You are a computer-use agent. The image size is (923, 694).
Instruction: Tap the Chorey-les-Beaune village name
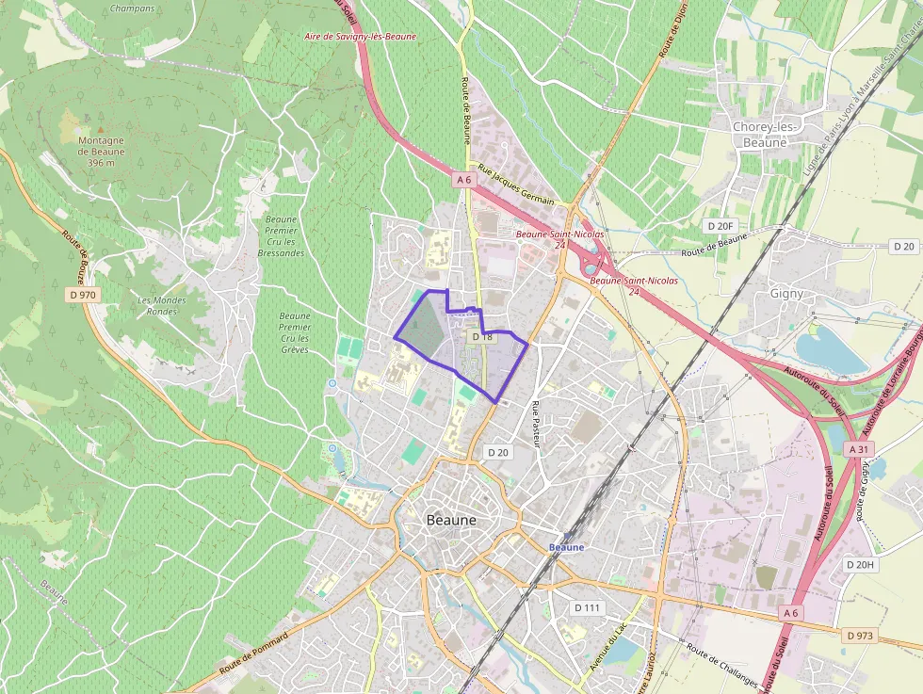pyautogui.click(x=766, y=135)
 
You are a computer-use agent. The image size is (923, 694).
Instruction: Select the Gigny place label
pyautogui.click(x=786, y=293)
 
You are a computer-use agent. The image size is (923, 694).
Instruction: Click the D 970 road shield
pyautogui.click(x=82, y=295)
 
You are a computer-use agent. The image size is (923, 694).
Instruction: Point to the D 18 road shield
pyautogui.click(x=480, y=336)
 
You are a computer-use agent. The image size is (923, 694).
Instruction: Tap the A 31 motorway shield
pyautogui.click(x=858, y=450)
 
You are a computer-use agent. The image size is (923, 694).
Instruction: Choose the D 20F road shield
pyautogui.click(x=721, y=226)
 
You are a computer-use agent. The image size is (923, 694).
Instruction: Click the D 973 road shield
pyautogui.click(x=860, y=636)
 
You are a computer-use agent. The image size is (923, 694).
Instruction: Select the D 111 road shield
pyautogui.click(x=586, y=607)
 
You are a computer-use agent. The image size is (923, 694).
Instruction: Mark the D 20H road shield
pyautogui.click(x=860, y=564)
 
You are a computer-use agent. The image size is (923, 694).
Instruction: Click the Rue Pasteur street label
pyautogui.click(x=537, y=424)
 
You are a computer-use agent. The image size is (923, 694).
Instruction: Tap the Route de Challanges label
pyautogui.click(x=721, y=667)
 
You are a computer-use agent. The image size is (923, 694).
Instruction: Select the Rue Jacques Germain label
pyautogui.click(x=516, y=183)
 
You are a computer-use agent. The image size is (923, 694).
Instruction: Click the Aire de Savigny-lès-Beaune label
pyautogui.click(x=360, y=37)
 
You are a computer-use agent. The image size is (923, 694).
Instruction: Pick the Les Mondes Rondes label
pyautogui.click(x=162, y=305)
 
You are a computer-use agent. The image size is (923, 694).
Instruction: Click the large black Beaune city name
pyautogui.click(x=451, y=520)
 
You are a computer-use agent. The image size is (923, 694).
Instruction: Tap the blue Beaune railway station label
pyautogui.click(x=566, y=547)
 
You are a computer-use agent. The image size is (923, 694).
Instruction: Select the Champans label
pyautogui.click(x=132, y=8)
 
